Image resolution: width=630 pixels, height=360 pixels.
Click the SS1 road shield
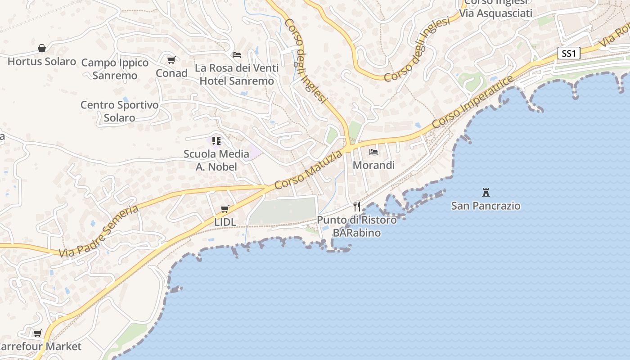569,53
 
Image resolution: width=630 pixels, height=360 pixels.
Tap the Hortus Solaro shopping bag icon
42,48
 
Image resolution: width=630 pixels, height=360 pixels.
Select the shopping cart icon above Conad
171,60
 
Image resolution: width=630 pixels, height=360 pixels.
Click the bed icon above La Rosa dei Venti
237,55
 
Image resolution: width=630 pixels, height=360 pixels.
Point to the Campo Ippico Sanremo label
115,69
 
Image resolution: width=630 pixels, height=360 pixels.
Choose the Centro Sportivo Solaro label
119,111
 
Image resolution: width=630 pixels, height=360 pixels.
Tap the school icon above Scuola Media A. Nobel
216,141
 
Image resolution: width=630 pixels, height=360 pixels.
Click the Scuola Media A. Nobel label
216,160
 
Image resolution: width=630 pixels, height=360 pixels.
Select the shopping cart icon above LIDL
225,209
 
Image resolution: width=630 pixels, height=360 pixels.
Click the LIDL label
225,222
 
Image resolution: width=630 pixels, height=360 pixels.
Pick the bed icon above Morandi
373,152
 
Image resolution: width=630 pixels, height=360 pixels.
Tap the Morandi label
373,165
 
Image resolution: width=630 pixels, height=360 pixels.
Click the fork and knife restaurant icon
357,207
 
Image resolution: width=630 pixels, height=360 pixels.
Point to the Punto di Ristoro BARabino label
357,226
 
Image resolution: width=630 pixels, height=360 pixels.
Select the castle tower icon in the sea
486,193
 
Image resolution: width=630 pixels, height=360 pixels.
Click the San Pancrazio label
486,206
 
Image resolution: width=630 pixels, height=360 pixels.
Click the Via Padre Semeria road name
99,231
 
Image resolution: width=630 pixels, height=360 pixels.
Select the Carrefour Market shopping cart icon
38,333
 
